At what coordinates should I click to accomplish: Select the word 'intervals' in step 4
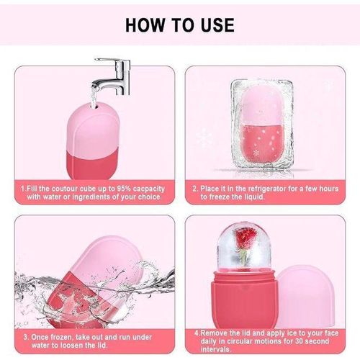(210, 350)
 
